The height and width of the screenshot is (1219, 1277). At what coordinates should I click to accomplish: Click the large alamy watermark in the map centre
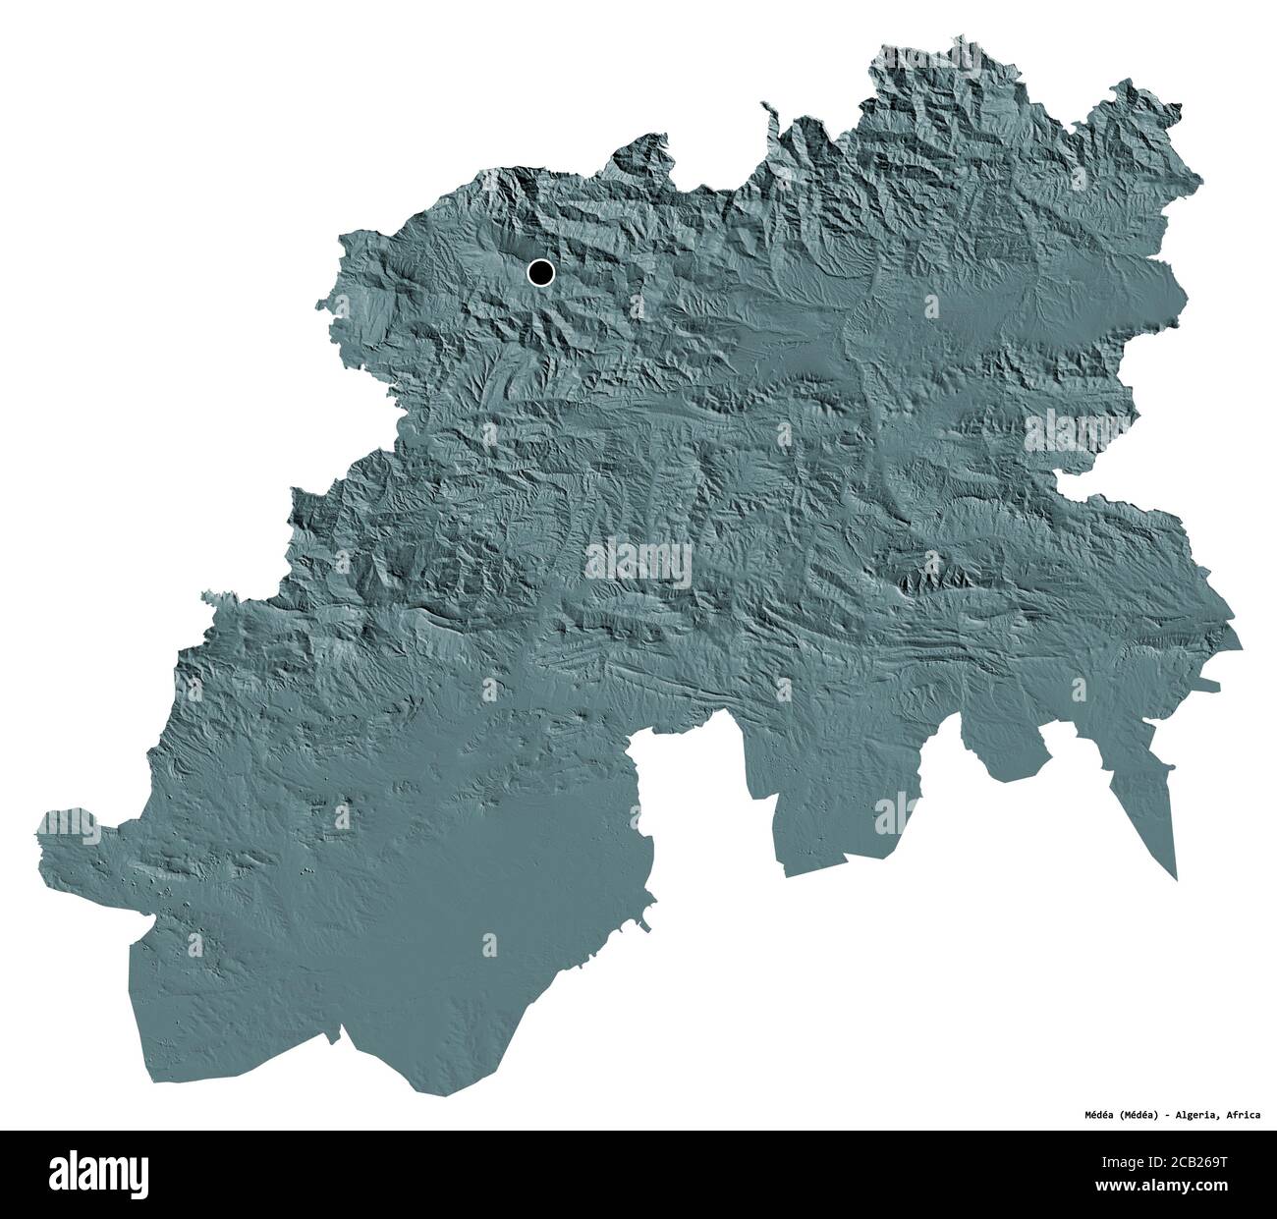pos(638,563)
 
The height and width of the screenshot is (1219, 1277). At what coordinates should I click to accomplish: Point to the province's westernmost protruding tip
pos(39,823)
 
